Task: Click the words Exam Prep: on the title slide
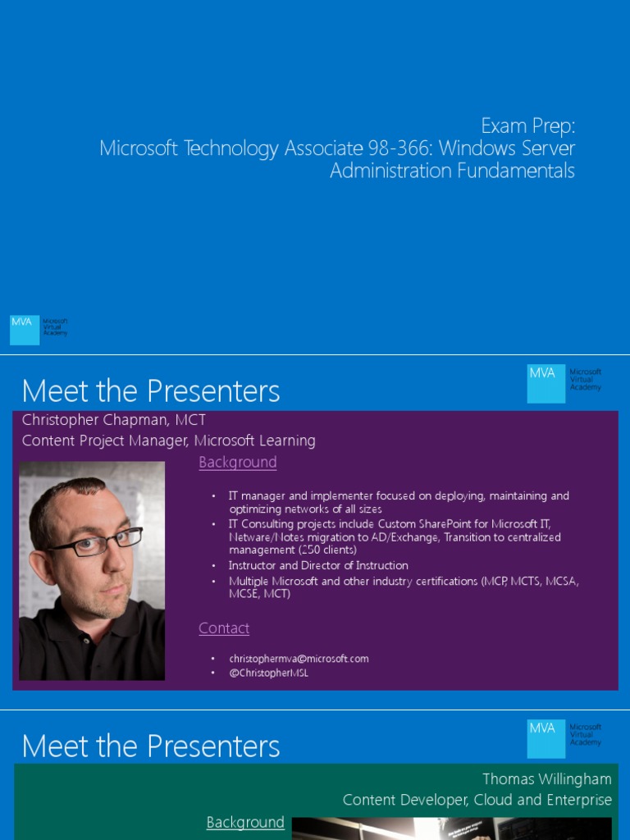tap(527, 126)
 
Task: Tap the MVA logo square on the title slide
tap(25, 330)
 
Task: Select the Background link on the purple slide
tap(237, 463)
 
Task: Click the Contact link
tap(224, 628)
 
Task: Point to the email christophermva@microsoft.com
tap(299, 659)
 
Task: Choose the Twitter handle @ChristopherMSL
tap(269, 673)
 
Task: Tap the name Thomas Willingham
tap(546, 778)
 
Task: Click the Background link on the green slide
tap(245, 822)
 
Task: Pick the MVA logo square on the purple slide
tap(546, 384)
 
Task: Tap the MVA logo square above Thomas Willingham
tap(546, 739)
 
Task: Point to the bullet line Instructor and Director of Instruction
tap(318, 566)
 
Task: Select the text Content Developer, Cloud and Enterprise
tap(477, 800)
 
